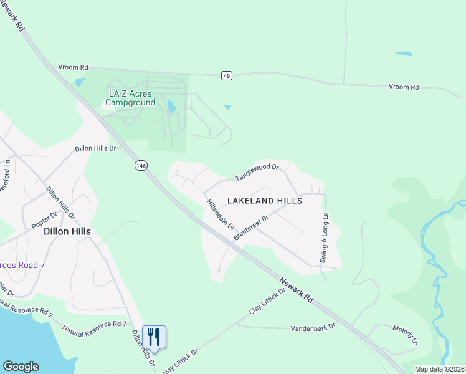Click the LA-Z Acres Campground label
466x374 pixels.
click(131, 98)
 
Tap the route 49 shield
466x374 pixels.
click(227, 76)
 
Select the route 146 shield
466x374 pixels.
click(141, 165)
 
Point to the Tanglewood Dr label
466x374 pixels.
click(256, 172)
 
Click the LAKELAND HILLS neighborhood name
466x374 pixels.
click(265, 201)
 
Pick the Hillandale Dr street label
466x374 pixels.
click(220, 214)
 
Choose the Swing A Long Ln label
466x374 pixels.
click(324, 237)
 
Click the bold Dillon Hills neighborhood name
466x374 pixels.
click(67, 231)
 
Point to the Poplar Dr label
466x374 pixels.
click(45, 220)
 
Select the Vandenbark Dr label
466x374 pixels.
click(313, 327)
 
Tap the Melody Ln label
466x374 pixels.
click(405, 335)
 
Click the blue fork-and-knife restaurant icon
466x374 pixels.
click(153, 337)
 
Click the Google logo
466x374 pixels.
click(21, 367)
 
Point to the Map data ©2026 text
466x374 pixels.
click(439, 369)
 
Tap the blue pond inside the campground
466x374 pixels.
click(171, 107)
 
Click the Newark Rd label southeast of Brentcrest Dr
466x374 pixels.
click(296, 290)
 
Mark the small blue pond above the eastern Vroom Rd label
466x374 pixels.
click(404, 54)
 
